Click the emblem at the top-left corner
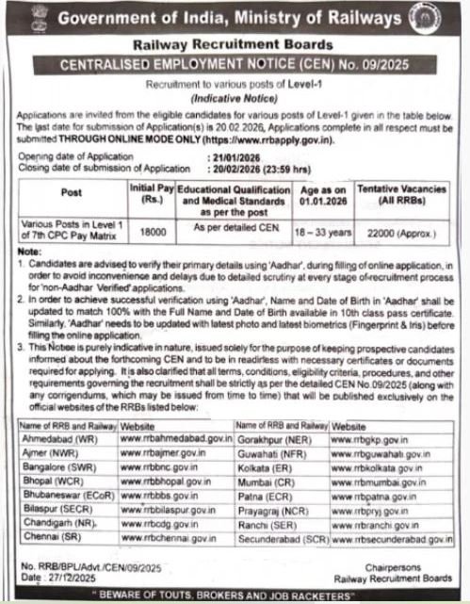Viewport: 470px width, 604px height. pyautogui.click(x=15, y=18)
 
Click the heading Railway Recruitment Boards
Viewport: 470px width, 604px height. pyautogui.click(x=236, y=44)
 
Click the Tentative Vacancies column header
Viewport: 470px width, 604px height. pyautogui.click(x=413, y=194)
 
